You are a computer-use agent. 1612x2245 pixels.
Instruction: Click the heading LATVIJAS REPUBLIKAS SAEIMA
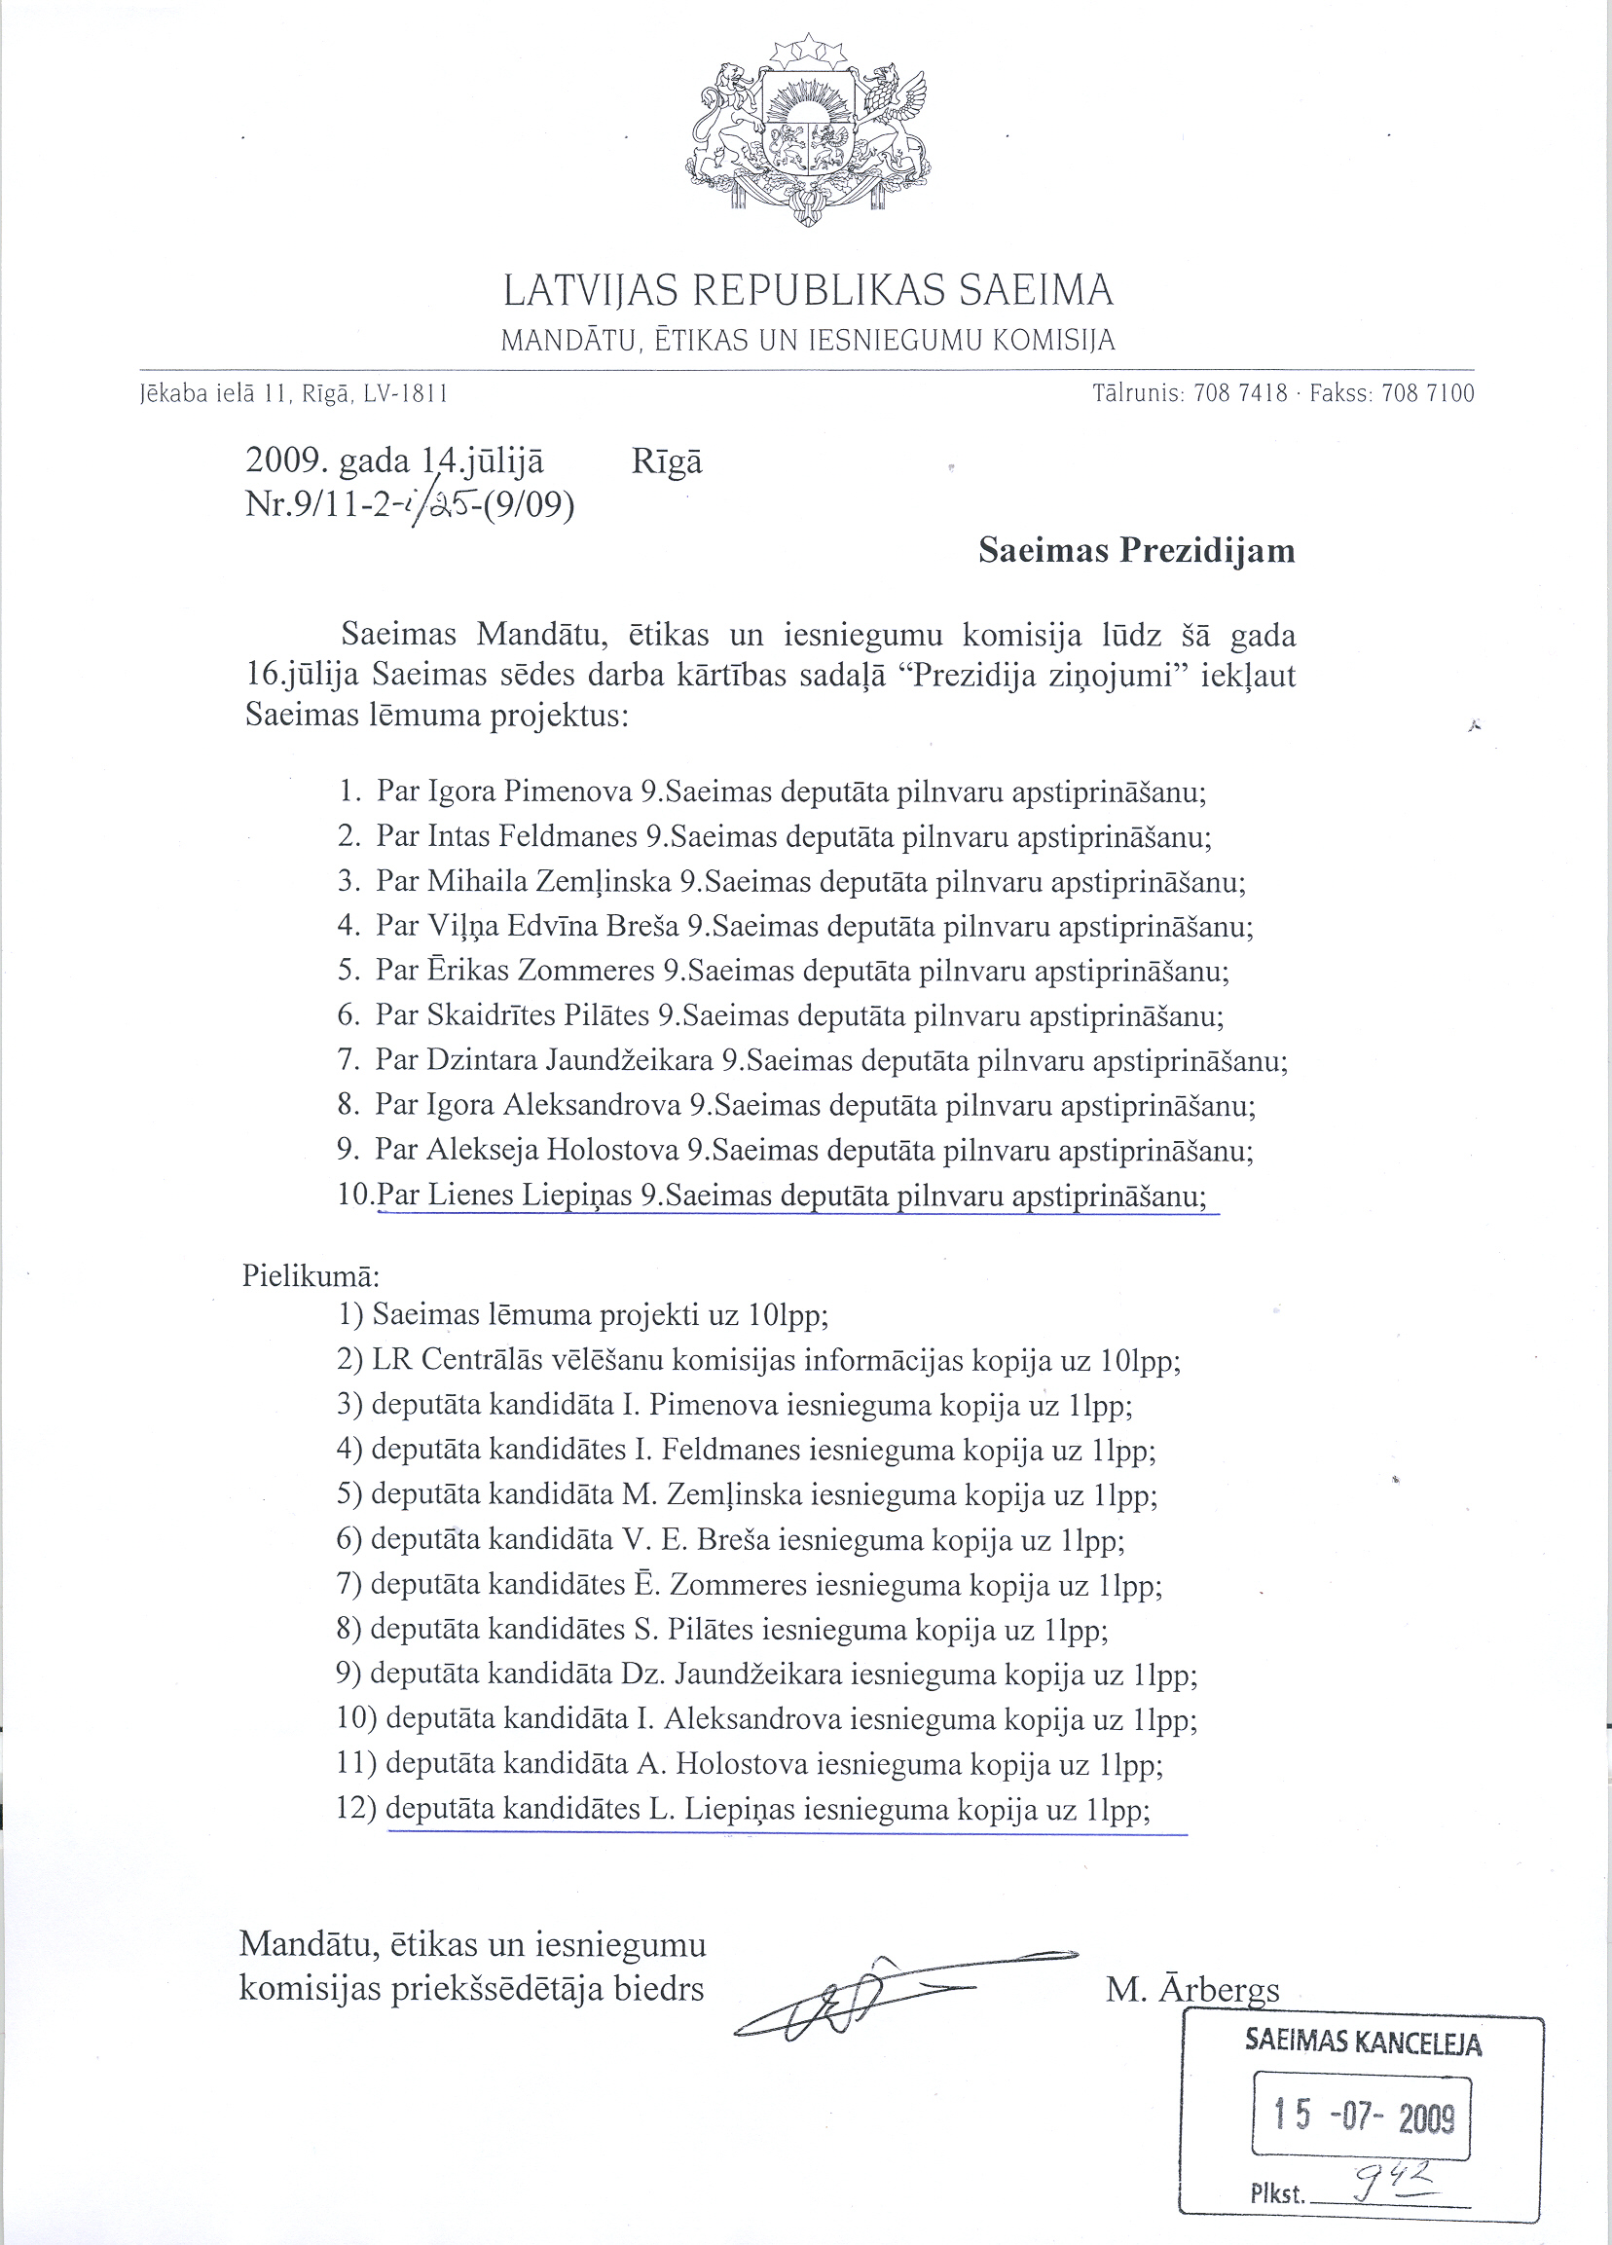(809, 290)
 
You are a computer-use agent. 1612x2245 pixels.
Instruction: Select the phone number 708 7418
(1241, 393)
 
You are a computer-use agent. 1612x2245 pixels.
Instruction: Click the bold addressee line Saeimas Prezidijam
(1136, 550)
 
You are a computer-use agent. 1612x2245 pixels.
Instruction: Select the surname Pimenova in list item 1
(568, 791)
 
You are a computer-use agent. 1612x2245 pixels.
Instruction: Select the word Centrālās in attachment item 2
(482, 1361)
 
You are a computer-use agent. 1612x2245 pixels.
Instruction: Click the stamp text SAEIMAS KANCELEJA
(1363, 2043)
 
